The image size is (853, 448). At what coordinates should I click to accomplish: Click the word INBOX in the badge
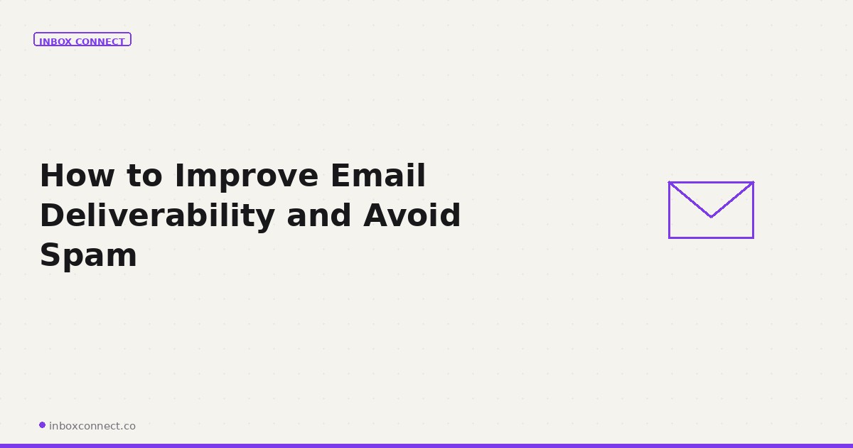click(55, 42)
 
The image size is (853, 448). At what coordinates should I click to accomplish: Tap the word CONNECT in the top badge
click(100, 42)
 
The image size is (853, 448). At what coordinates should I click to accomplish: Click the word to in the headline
click(145, 176)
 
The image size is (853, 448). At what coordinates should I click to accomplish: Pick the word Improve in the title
click(247, 176)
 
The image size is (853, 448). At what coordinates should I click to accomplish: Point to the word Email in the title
click(377, 176)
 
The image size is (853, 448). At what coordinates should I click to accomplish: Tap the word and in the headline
click(318, 215)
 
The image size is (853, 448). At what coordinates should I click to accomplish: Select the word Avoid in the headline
click(412, 215)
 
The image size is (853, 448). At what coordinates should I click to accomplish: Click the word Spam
click(88, 255)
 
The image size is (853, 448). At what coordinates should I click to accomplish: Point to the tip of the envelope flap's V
click(711, 217)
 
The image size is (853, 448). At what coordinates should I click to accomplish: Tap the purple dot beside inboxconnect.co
click(42, 425)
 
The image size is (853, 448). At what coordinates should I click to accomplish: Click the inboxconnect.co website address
click(92, 426)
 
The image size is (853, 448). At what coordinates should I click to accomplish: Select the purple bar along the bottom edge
click(426, 445)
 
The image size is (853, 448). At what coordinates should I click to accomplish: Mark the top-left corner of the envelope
click(669, 182)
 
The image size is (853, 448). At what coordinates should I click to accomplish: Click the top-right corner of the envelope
click(753, 182)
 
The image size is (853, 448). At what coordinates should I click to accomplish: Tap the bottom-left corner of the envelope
click(669, 238)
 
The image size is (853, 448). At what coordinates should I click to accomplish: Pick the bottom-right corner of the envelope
click(753, 238)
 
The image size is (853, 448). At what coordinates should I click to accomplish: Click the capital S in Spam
click(50, 255)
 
